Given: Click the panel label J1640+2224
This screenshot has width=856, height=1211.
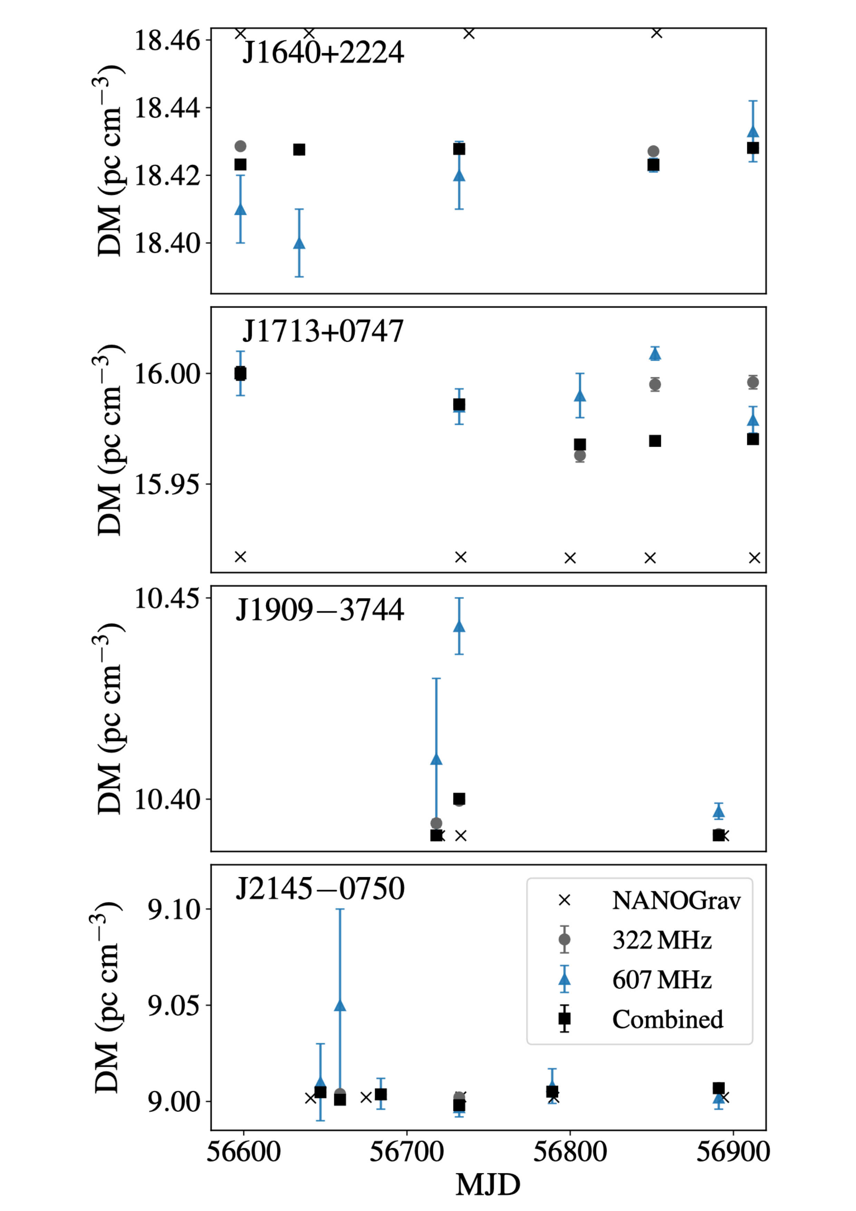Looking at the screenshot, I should (x=323, y=53).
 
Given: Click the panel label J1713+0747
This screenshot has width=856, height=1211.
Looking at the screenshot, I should (x=323, y=331).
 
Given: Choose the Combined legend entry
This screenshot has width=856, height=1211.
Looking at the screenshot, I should (x=667, y=1019).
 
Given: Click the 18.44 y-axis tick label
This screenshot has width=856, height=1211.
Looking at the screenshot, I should (x=167, y=108).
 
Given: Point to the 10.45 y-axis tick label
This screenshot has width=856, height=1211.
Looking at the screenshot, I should (x=167, y=599).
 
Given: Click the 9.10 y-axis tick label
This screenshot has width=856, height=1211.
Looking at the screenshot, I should (x=174, y=909).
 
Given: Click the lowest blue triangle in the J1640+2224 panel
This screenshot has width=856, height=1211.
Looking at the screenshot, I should (x=299, y=243).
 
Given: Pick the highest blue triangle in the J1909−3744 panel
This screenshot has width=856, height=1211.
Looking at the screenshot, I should (x=459, y=626).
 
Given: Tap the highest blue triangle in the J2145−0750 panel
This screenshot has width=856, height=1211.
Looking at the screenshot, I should (x=340, y=1005).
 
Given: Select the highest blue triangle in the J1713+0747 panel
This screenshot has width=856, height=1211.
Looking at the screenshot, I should (x=655, y=354).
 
